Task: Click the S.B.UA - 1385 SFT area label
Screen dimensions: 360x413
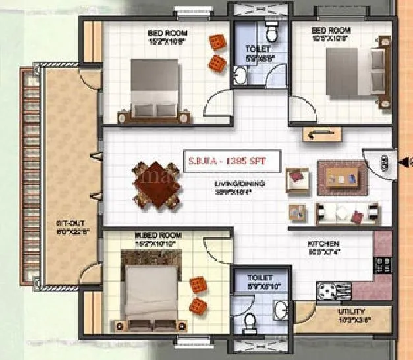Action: (x=234, y=160)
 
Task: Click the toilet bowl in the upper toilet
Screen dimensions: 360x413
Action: (x=270, y=33)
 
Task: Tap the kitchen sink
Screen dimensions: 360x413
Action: (x=326, y=289)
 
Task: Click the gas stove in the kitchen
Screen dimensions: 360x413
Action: (x=383, y=265)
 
